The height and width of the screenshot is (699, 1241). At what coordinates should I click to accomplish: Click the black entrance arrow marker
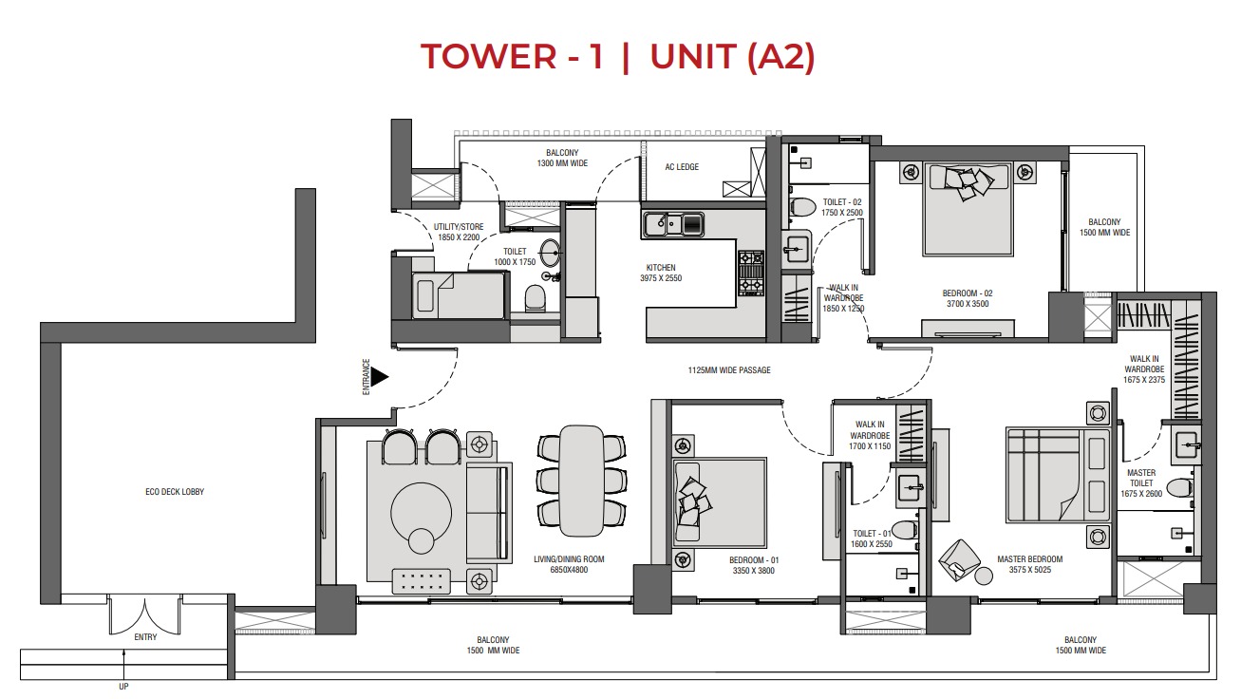[x=380, y=378]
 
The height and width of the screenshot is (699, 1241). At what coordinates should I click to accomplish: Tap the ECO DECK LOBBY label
[x=175, y=492]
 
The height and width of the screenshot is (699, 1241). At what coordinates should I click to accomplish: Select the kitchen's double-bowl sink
[x=672, y=224]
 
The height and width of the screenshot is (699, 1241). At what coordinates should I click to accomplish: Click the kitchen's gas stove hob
[x=751, y=273]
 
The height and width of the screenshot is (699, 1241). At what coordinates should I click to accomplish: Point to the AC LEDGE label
[x=681, y=167]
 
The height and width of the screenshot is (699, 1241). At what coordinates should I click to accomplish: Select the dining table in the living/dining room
[x=581, y=480]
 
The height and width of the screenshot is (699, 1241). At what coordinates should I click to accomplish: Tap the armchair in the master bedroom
[x=962, y=559]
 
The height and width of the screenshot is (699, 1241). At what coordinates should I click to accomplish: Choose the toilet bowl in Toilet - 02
[x=802, y=207]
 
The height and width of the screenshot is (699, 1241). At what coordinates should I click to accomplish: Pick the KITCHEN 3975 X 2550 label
[x=660, y=273]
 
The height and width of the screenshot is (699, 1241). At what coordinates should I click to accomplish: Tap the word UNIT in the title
[x=692, y=57]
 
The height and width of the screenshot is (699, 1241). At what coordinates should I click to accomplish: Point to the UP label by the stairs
[x=123, y=687]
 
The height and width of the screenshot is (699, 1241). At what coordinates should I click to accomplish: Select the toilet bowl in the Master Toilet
[x=1178, y=488]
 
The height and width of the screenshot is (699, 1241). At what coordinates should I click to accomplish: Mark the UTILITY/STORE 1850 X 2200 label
[x=459, y=231]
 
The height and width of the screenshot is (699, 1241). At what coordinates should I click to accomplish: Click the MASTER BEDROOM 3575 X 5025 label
[x=1029, y=565]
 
